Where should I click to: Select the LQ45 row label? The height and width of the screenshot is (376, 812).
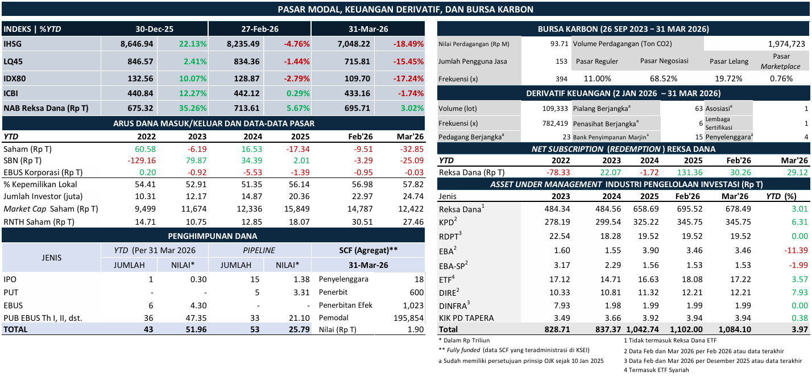(x=14, y=60)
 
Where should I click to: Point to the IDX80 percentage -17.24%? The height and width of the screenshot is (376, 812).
(x=408, y=77)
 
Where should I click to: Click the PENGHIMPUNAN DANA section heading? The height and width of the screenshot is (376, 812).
(x=213, y=235)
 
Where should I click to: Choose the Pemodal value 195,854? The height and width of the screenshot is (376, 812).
(x=408, y=318)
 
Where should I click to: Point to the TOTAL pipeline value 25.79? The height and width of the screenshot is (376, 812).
(x=298, y=329)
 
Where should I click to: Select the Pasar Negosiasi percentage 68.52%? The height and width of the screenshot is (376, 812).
(x=663, y=79)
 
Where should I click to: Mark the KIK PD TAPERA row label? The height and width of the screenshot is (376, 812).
(x=466, y=317)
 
